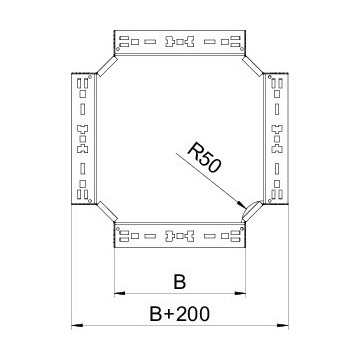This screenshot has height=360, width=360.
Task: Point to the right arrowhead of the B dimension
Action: pos(242,294)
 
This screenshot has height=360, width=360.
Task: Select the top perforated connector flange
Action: pos(180,43)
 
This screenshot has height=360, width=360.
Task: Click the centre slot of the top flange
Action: pos(180,43)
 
